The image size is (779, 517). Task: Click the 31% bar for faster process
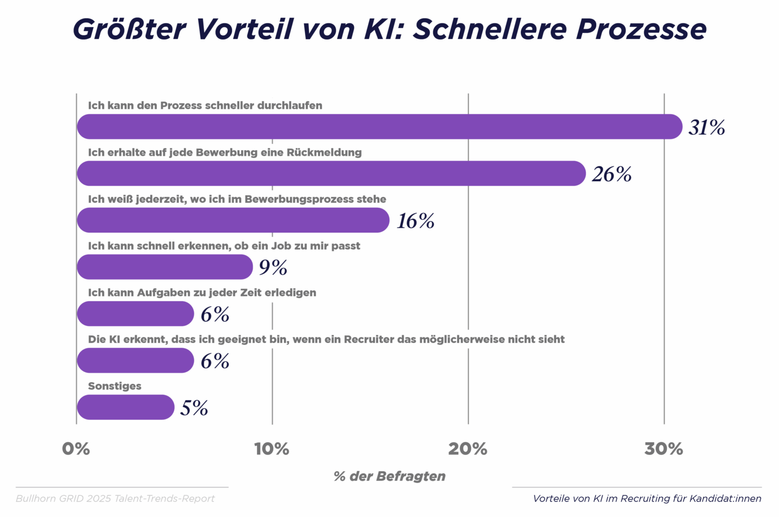coord(379,127)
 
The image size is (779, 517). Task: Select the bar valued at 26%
coord(331,174)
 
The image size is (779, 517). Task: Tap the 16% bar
coord(233,220)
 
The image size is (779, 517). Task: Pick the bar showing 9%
coord(164,267)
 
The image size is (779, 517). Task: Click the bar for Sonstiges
coord(126,407)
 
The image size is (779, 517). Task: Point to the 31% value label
coord(707,128)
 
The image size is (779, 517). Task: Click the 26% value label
coord(612,174)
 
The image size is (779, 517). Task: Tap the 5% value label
coord(194,408)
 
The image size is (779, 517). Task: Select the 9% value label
coord(273,268)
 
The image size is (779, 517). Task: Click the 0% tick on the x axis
coord(76,449)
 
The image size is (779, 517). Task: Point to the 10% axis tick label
coord(272,449)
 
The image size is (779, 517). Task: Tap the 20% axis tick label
coord(468,449)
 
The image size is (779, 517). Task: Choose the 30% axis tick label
coord(664,449)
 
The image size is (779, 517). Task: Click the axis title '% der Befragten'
coord(389,476)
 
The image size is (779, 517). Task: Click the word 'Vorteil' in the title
coord(245,29)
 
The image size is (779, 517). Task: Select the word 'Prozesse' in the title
coord(641,29)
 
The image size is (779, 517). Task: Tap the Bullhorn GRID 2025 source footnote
coord(115,499)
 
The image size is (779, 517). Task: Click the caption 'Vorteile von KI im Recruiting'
coord(647,499)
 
